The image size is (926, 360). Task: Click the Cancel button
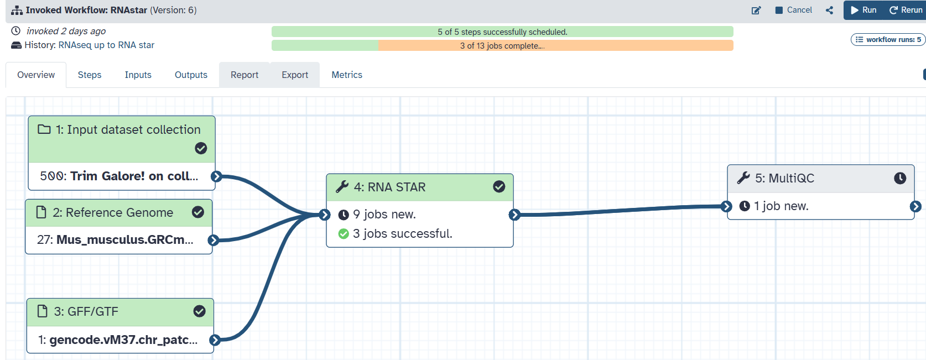(794, 10)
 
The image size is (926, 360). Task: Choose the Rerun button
(906, 10)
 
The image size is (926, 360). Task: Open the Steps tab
(90, 75)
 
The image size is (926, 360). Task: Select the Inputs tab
(138, 75)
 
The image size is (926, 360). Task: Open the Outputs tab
(191, 75)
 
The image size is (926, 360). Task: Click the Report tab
(244, 75)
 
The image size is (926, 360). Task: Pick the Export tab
(295, 75)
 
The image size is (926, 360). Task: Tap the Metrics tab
(347, 75)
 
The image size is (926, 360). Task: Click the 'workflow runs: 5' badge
(888, 39)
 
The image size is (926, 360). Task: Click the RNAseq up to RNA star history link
(106, 45)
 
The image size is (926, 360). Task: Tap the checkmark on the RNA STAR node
(499, 187)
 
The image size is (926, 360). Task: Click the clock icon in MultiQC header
(900, 178)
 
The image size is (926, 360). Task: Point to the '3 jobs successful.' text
(402, 234)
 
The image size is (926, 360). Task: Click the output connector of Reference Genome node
(213, 240)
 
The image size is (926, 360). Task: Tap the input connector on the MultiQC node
(726, 206)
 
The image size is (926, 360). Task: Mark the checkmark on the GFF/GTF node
(199, 311)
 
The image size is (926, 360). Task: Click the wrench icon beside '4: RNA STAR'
(342, 187)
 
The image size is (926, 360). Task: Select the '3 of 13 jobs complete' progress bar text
(502, 46)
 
